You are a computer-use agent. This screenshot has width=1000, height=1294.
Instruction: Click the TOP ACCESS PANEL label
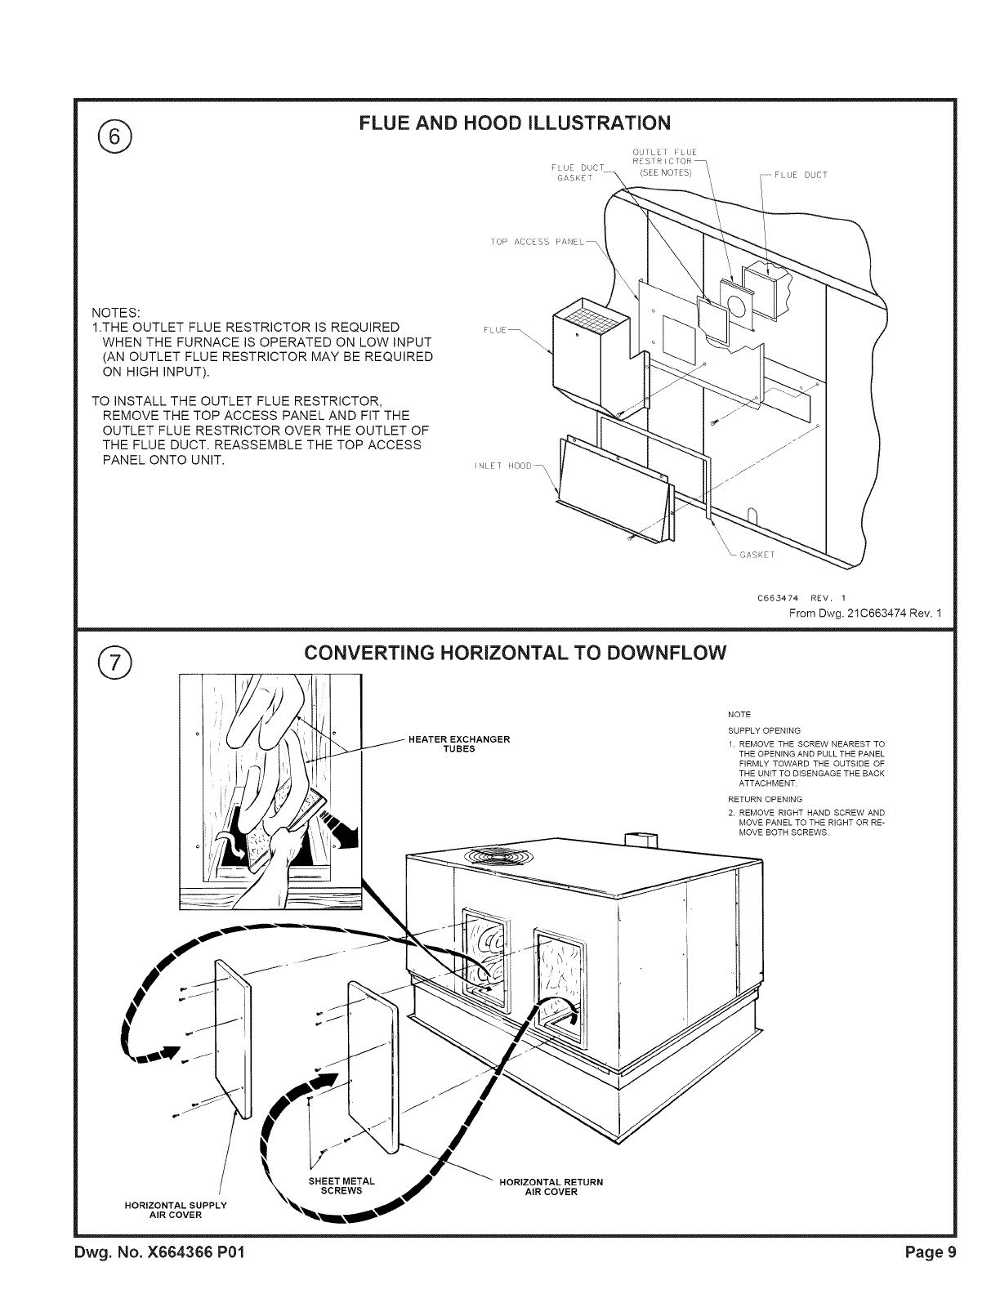(539, 242)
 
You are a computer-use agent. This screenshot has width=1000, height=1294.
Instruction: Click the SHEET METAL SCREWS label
(342, 1185)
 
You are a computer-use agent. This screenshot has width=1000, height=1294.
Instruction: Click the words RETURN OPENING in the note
(765, 799)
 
